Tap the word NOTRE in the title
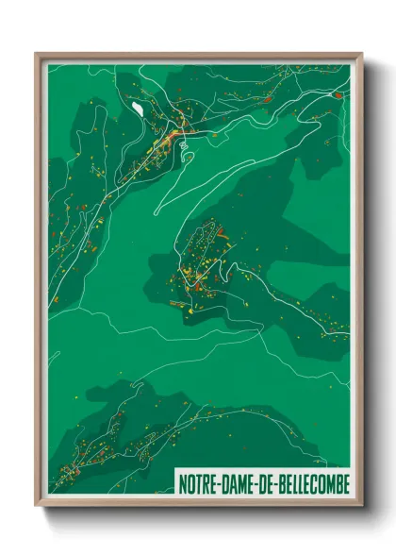199,483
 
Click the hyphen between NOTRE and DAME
219,483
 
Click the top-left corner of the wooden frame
37,54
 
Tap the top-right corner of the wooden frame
362,54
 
